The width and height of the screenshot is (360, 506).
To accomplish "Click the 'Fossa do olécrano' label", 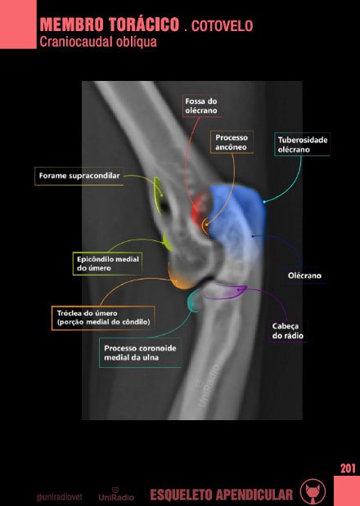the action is (201, 105).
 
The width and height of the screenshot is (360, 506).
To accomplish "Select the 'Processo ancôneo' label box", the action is (232, 142).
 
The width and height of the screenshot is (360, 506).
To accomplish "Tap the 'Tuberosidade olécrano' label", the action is (302, 144).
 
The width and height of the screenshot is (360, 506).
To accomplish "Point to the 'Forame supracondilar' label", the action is (79, 176).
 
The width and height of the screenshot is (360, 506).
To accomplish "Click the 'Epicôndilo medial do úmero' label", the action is (107, 264).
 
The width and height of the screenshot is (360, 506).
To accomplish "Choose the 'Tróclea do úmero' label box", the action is (103, 318).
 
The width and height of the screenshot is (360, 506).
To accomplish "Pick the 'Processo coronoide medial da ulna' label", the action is (140, 352).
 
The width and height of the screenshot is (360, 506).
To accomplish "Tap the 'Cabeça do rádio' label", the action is (288, 331).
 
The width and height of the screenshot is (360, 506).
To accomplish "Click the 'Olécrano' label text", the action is (304, 275).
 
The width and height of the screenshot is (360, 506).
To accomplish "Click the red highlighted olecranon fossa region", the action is (200, 208).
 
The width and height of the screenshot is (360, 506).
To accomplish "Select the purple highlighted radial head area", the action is (226, 291).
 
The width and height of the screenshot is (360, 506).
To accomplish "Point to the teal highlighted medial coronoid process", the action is (194, 301).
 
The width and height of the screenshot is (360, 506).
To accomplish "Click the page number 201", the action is (348, 468).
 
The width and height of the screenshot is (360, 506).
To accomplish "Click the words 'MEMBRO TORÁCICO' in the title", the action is (110, 25).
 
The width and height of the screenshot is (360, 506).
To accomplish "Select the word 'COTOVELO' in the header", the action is (222, 26).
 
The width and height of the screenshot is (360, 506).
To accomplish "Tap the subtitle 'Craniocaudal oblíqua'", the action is (98, 42).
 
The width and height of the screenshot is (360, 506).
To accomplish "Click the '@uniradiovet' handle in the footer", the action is (60, 497).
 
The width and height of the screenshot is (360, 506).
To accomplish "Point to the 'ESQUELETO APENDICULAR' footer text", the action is (222, 495).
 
